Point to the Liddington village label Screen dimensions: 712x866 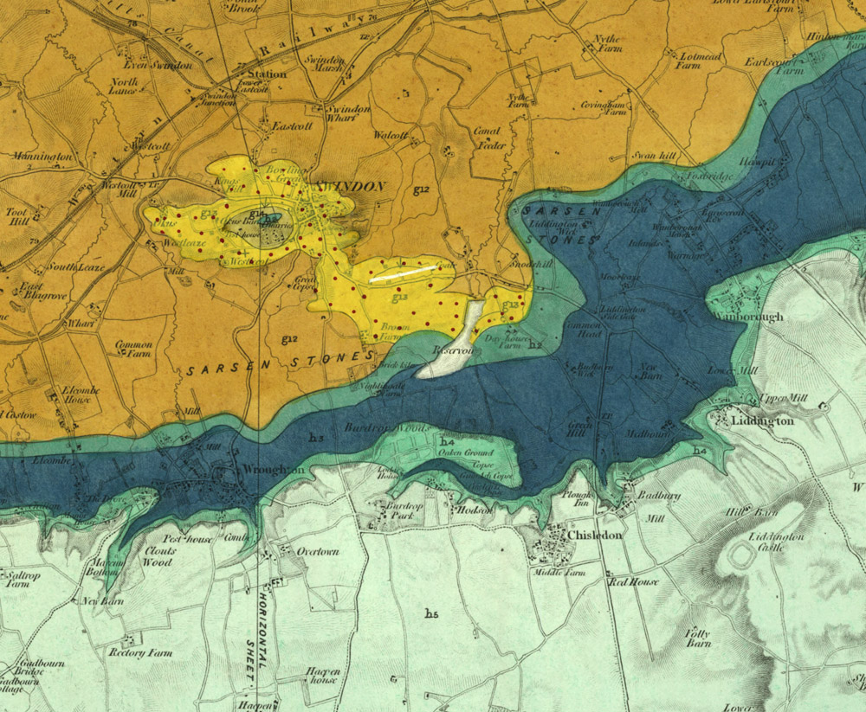[762, 420]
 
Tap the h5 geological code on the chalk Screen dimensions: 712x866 [431, 613]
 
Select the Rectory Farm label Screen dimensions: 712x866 [138, 652]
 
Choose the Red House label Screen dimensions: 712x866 [632, 582]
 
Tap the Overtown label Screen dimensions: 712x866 [318, 551]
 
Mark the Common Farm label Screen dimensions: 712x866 [133, 349]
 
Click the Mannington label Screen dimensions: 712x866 [42, 157]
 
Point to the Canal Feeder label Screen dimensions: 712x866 [488, 138]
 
